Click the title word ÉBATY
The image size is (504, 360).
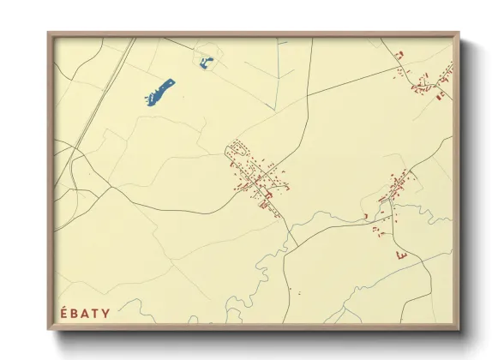pyautogui.click(x=86, y=313)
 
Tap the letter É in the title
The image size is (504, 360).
pyautogui.click(x=64, y=313)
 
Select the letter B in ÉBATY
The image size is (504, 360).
pyautogui.click(x=75, y=314)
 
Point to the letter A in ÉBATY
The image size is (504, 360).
pyautogui.click(x=86, y=314)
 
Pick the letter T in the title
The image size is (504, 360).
pyautogui.click(x=96, y=314)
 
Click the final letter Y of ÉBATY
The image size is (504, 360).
pyautogui.click(x=106, y=314)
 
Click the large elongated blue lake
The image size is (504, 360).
pyautogui.click(x=160, y=92)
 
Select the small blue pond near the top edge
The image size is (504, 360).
pyautogui.click(x=206, y=63)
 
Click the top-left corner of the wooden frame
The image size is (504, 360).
pyautogui.click(x=50, y=35)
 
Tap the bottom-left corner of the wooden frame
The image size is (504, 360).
pyautogui.click(x=50, y=328)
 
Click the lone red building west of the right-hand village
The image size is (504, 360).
pyautogui.click(x=365, y=215)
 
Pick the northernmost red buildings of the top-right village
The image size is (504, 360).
pyautogui.click(x=399, y=55)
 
